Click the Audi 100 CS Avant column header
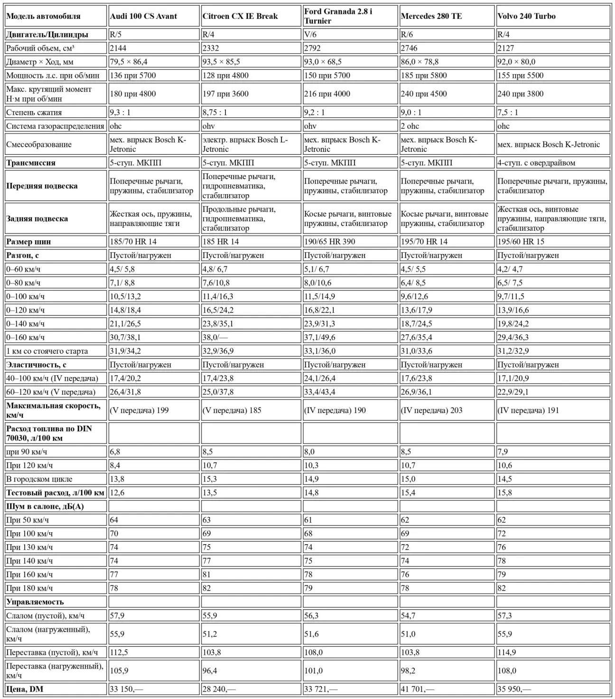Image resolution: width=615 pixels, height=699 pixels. click(x=143, y=16)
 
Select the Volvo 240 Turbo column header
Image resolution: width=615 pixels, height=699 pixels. click(x=526, y=16)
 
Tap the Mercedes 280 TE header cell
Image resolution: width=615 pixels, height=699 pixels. click(x=431, y=16)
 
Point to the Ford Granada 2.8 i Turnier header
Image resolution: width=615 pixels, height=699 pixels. click(x=338, y=16)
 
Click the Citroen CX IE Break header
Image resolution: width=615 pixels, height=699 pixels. click(x=240, y=16)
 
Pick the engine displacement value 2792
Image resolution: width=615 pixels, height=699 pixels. click(x=313, y=48)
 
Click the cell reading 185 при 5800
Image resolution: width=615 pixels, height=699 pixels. click(x=424, y=76)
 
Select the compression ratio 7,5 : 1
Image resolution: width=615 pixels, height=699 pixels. click(x=508, y=113)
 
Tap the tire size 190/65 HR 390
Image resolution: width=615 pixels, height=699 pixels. click(x=329, y=242)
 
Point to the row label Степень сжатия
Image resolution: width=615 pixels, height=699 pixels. click(x=34, y=113)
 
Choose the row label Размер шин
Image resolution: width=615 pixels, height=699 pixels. click(x=28, y=242)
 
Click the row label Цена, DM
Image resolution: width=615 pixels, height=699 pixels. click(x=25, y=689)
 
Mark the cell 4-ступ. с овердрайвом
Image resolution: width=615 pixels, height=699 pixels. click(x=536, y=163)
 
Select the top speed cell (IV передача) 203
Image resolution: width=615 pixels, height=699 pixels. click(x=431, y=410)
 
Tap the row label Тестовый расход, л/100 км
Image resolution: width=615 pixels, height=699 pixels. click(x=55, y=493)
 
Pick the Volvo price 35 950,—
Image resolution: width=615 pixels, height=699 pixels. click(x=514, y=689)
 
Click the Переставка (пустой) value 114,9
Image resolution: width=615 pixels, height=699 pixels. click(x=507, y=652)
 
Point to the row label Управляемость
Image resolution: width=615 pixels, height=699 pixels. click(x=35, y=602)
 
